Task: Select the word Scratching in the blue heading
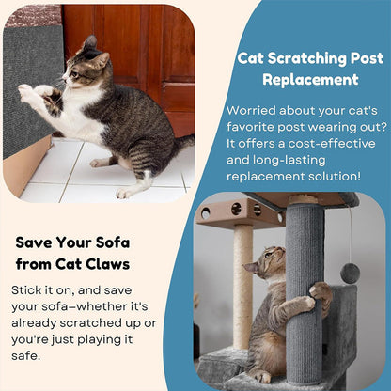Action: click(302, 57)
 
